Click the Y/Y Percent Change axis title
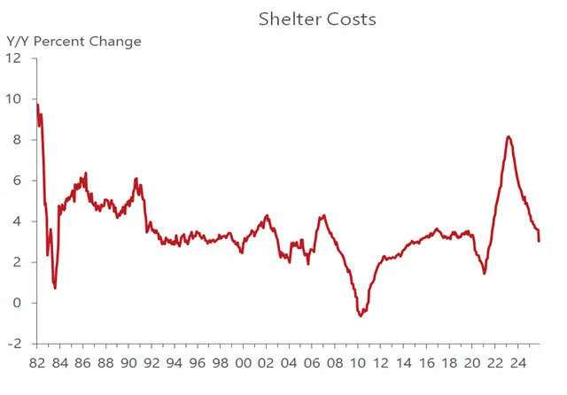(x=74, y=41)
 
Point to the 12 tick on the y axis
(x=14, y=58)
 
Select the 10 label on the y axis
(x=14, y=99)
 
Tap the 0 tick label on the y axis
(x=18, y=303)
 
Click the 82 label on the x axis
(x=37, y=364)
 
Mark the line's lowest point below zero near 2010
(x=360, y=315)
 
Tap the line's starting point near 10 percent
(x=36, y=105)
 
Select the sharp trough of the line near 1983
(x=55, y=288)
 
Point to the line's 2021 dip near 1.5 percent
(x=485, y=273)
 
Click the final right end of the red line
(x=540, y=241)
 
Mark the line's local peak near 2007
(x=324, y=215)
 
